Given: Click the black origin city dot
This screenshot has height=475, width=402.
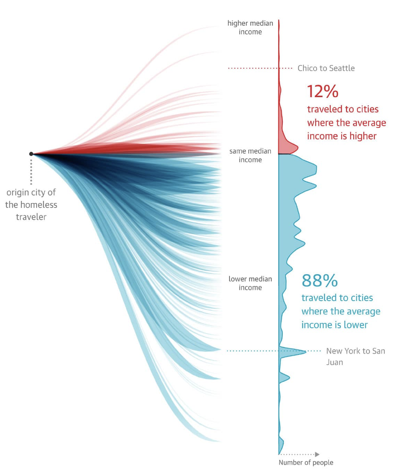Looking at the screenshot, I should pyautogui.click(x=31, y=154).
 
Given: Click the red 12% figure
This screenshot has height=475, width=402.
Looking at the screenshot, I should pyautogui.click(x=323, y=92).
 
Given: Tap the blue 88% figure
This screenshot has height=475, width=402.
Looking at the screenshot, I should pyautogui.click(x=319, y=281).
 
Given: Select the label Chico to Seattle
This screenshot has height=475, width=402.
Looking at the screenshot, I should pyautogui.click(x=326, y=68).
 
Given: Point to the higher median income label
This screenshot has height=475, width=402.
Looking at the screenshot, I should pyautogui.click(x=250, y=28).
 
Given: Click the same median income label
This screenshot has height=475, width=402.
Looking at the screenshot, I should pyautogui.click(x=250, y=155).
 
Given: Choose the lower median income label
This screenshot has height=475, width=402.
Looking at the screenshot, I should pyautogui.click(x=250, y=283).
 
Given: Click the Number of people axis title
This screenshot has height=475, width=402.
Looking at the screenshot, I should pyautogui.click(x=306, y=463).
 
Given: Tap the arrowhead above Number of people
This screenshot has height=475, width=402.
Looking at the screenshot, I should pyautogui.click(x=317, y=454).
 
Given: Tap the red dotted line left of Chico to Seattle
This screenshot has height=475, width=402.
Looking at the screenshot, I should pyautogui.click(x=253, y=68).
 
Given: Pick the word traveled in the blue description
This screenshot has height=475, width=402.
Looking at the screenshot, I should pyautogui.click(x=317, y=298).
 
